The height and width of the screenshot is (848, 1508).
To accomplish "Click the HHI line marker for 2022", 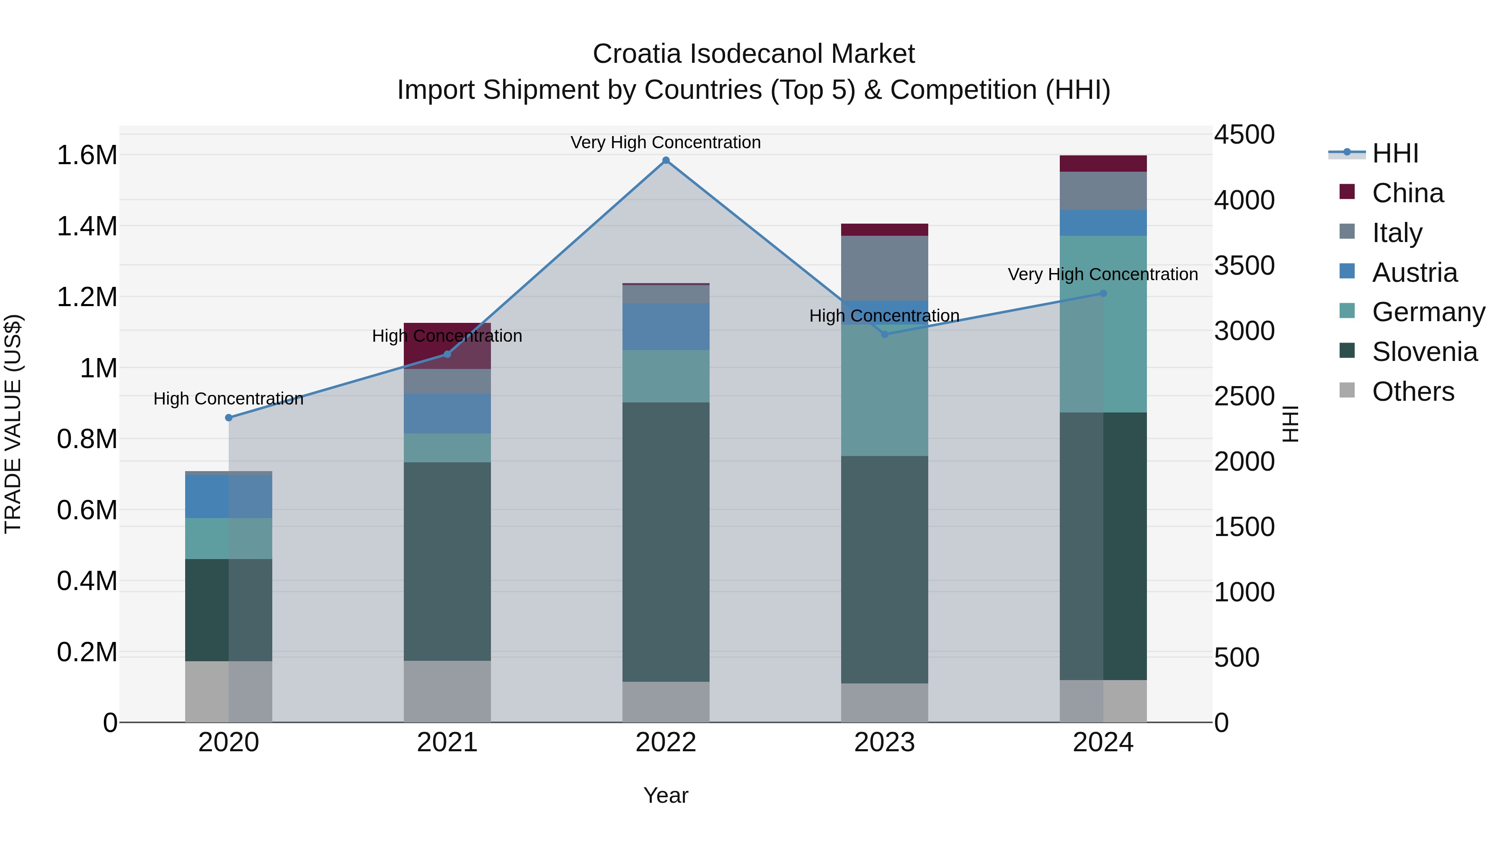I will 666,160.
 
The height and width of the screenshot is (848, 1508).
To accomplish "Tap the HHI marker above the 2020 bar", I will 229,418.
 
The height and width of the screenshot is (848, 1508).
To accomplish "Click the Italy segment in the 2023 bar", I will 885,268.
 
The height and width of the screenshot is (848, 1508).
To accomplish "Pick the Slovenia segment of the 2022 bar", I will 666,541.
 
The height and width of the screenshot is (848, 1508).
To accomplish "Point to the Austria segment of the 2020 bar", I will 229,496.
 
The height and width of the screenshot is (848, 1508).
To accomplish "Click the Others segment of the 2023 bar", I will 885,702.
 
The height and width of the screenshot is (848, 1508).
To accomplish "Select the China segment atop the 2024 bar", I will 1103,163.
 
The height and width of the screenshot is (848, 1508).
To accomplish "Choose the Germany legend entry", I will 1428,312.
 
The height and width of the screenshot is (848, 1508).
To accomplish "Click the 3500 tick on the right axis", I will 1244,265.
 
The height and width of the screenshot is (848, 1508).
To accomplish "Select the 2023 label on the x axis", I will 885,742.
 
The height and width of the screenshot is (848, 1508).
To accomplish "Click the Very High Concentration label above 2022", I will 666,142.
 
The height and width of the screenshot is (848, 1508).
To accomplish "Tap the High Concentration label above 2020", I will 228,399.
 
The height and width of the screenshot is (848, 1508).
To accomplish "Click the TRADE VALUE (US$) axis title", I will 13,424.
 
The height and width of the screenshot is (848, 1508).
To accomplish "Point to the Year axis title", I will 666,795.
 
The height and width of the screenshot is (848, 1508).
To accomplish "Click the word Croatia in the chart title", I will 636,54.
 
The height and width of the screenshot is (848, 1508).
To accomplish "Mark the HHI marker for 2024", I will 1103,293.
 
